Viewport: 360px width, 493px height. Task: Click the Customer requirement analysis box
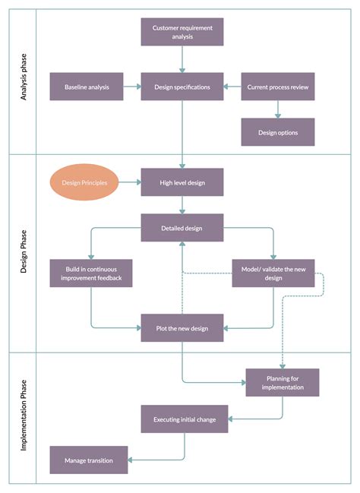coord(182,32)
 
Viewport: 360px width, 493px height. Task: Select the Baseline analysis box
coord(87,87)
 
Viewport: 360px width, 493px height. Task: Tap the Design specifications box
coord(182,87)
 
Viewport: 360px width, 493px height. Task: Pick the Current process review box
coord(278,87)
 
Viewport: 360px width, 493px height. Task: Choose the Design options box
coord(278,132)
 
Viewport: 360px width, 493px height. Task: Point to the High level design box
coord(182,182)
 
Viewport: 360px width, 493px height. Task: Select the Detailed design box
coord(182,228)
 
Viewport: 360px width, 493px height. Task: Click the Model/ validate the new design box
coord(273,273)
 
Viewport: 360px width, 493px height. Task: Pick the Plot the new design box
coord(182,328)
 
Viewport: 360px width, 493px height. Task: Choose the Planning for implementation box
coord(283,382)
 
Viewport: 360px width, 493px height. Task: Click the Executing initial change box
coord(185,419)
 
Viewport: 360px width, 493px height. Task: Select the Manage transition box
coord(89,460)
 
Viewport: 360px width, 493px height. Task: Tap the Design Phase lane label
coord(22,252)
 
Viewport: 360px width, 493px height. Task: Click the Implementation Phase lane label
coord(22,417)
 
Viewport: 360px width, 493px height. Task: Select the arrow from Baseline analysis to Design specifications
coord(132,87)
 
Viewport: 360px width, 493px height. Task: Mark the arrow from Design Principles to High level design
coord(130,182)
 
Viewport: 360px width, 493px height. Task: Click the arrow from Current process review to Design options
coord(278,109)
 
